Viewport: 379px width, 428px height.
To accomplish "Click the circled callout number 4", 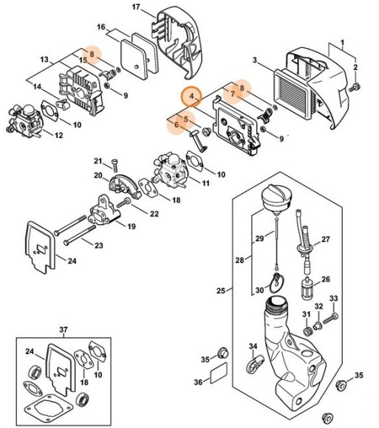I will point(191,96).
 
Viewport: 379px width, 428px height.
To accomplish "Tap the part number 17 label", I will point(136,7).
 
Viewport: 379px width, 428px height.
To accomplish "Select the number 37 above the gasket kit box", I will point(63,329).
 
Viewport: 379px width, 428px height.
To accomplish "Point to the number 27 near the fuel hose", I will point(326,240).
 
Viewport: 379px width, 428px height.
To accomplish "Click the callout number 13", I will point(44,60).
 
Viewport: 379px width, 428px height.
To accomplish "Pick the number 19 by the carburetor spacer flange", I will point(131,227).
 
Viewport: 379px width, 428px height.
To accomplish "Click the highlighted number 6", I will point(174,125).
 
